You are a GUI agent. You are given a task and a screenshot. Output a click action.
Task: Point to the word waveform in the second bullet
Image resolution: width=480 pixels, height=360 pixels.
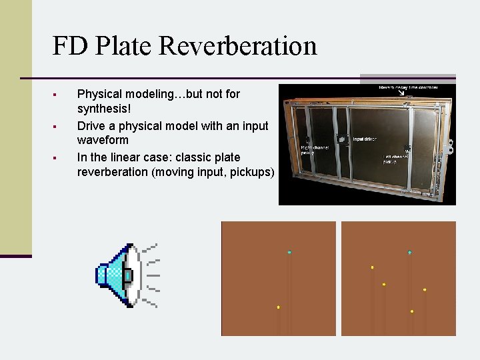(103, 141)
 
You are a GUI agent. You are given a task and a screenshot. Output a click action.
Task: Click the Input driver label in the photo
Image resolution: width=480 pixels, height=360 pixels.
(365, 139)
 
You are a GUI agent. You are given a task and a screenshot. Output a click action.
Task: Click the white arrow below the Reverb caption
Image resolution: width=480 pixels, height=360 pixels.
(402, 93)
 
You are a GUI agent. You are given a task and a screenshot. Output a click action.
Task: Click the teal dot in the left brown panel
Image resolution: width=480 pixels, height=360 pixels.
(289, 252)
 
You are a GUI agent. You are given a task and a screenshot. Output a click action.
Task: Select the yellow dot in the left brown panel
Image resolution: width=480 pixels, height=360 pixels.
(278, 307)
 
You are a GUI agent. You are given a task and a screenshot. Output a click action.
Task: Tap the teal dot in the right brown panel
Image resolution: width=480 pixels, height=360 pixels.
(409, 252)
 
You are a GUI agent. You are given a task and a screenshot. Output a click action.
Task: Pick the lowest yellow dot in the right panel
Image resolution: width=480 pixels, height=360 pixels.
(412, 311)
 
